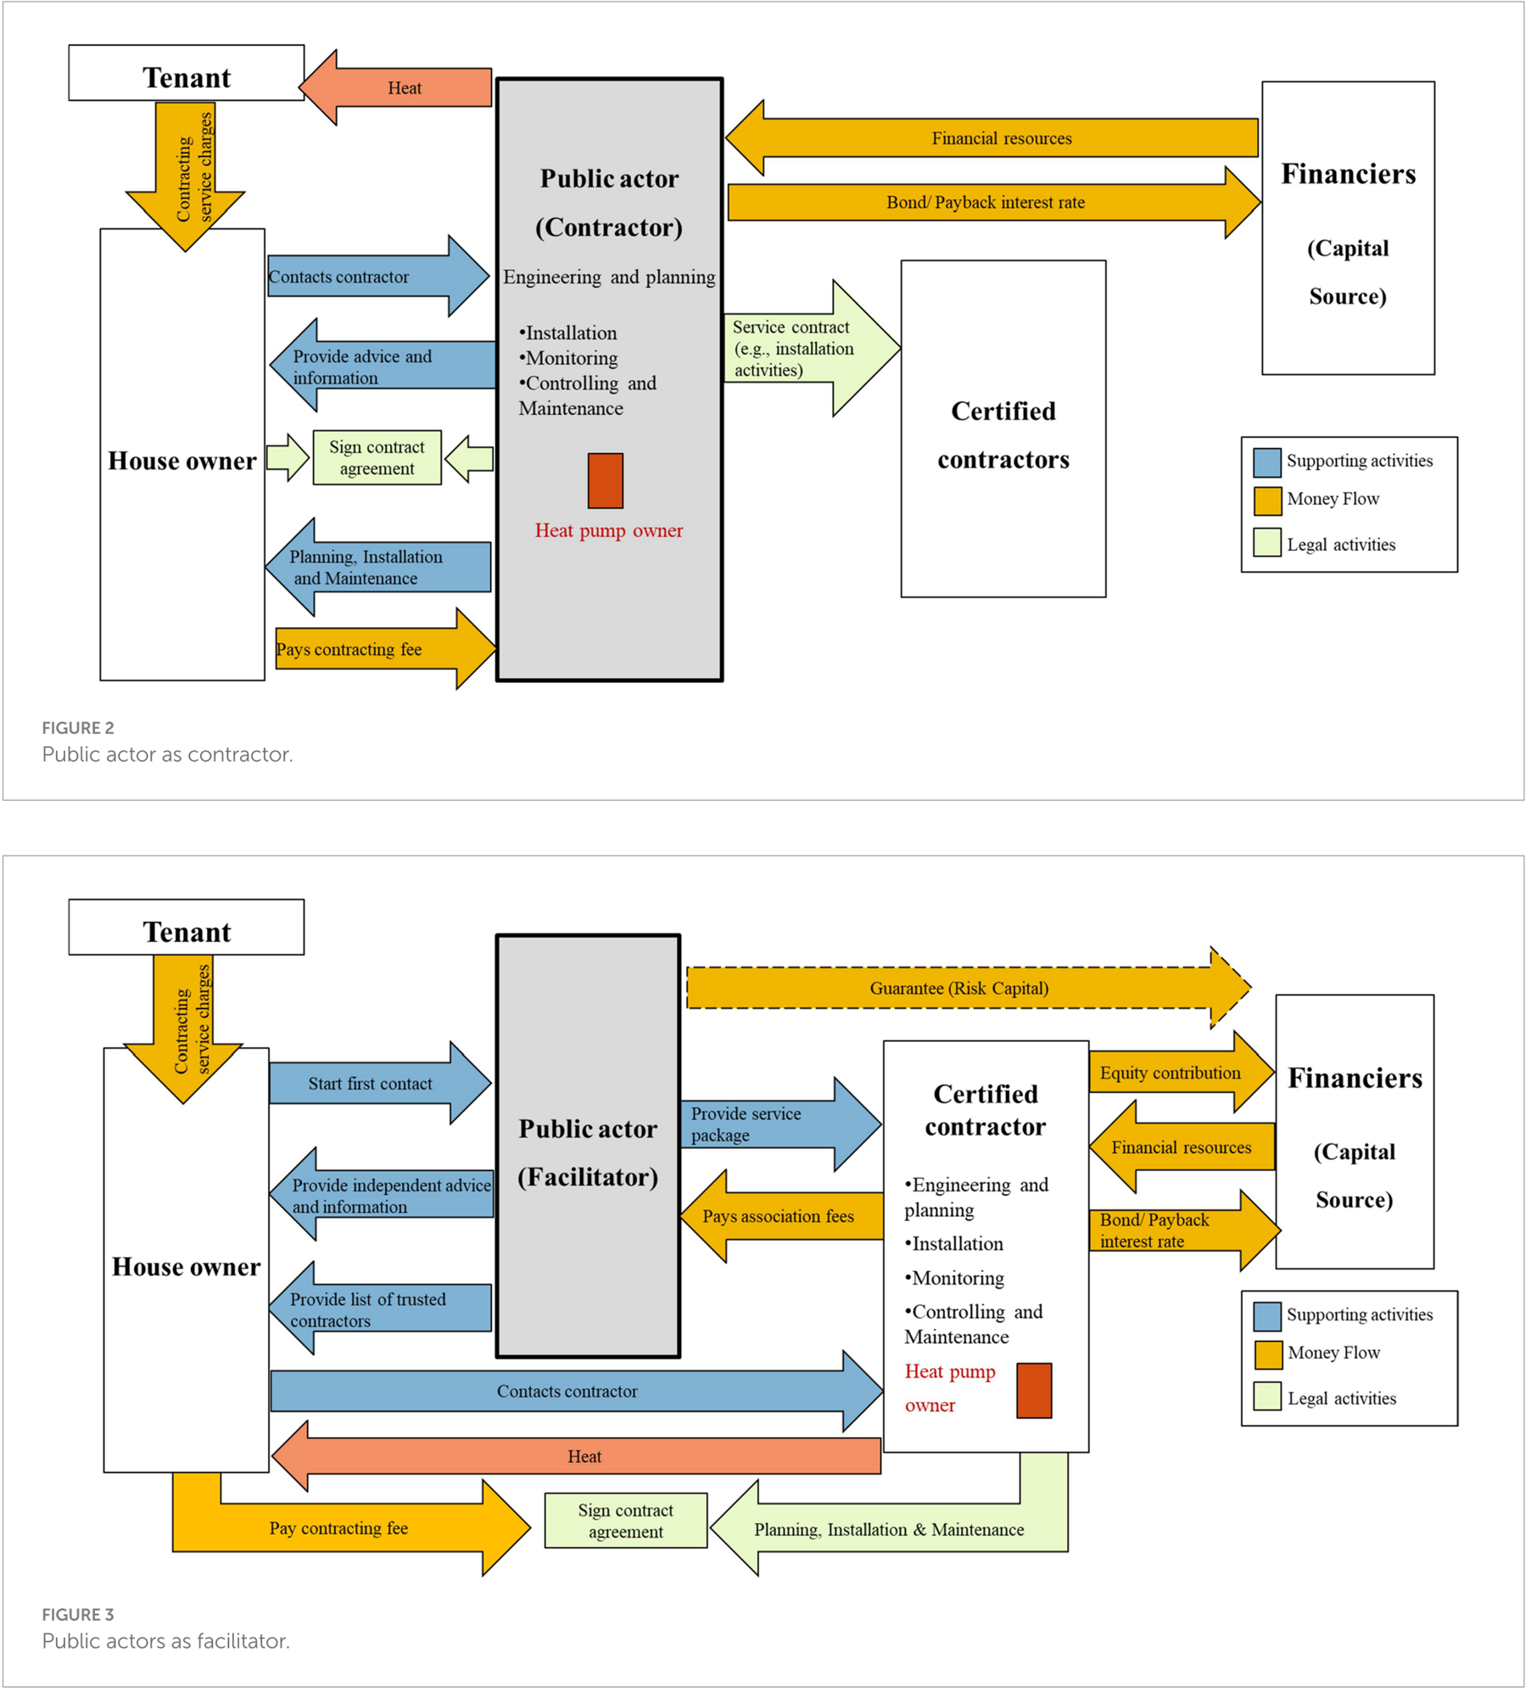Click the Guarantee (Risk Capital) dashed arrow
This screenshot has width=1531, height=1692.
pyautogui.click(x=958, y=989)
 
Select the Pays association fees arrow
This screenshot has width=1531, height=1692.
pyautogui.click(x=779, y=1217)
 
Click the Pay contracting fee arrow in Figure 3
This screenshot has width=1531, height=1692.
pyautogui.click(x=339, y=1528)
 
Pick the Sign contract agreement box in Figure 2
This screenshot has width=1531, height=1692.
pyautogui.click(x=377, y=458)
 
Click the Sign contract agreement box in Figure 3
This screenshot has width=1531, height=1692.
pyautogui.click(x=625, y=1521)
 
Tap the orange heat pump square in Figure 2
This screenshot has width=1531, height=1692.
pyautogui.click(x=606, y=481)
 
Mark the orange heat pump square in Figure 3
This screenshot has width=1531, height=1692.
pyautogui.click(x=1034, y=1391)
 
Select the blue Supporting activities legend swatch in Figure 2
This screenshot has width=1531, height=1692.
pyautogui.click(x=1267, y=462)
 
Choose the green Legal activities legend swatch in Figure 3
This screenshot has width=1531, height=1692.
pyautogui.click(x=1267, y=1397)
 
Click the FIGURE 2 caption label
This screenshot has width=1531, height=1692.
pyautogui.click(x=78, y=728)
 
